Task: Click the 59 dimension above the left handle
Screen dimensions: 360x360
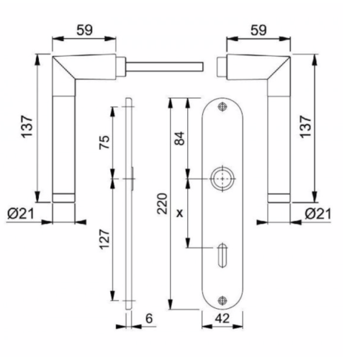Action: pos(84,30)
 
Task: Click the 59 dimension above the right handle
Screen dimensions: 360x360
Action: pos(258,30)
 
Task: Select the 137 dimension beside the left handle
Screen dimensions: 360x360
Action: pos(27,126)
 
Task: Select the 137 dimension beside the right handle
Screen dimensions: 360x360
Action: pos(305,127)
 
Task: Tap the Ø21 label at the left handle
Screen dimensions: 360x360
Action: pos(21,214)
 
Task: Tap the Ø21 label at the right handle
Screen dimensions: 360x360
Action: pos(318,214)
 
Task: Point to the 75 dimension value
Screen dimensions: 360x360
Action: pos(104,143)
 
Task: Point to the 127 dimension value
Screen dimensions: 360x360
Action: pos(104,240)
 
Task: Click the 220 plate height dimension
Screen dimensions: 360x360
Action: pos(162,204)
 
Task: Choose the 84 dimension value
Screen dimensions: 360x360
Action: pos(179,138)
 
